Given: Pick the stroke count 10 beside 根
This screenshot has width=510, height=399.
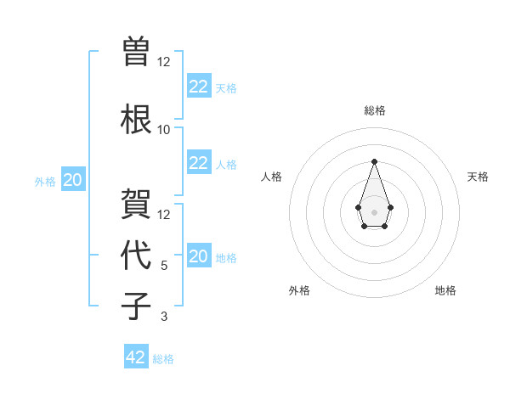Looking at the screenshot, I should (x=163, y=129).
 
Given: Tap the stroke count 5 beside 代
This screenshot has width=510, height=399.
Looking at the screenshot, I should (x=163, y=266).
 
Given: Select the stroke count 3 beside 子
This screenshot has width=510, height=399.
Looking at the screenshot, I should (x=163, y=317).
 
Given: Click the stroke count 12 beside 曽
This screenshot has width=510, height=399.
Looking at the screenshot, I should (x=163, y=61).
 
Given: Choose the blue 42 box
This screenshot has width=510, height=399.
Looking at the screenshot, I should (x=136, y=357).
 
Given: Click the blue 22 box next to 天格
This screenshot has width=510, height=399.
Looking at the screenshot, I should (x=198, y=87).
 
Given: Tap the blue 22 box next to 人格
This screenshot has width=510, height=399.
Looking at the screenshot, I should (x=198, y=163).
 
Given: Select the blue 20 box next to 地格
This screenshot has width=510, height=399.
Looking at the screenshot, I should (x=198, y=256).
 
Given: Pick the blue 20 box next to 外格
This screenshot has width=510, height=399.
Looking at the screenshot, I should (x=73, y=180).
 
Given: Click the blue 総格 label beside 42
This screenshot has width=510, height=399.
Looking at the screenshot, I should (x=163, y=359).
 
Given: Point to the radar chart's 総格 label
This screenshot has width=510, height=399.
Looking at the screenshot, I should (x=374, y=110).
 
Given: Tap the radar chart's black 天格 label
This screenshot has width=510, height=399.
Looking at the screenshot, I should (x=478, y=177).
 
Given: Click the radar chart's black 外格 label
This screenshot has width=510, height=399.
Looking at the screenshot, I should (x=299, y=290).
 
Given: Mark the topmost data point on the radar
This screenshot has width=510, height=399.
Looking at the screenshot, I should (x=374, y=161).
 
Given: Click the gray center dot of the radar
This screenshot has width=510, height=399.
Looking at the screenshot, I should (x=374, y=211).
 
